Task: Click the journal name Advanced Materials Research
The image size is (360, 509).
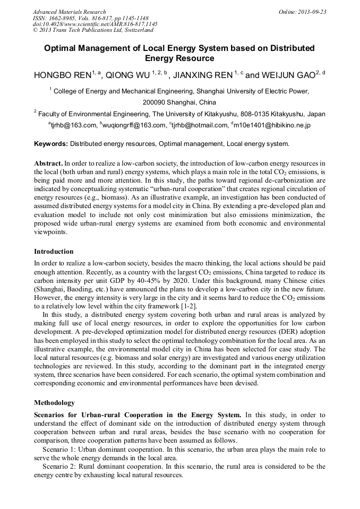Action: pos(69,12)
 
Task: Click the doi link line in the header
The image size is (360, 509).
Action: pos(95,24)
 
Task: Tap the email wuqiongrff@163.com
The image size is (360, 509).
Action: pos(134,125)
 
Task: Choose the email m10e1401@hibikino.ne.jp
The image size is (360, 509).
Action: pos(272,125)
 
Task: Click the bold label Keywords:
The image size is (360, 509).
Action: pos(51,144)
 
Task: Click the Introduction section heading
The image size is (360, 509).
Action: pos(54,252)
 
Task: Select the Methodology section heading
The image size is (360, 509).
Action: pos(54,403)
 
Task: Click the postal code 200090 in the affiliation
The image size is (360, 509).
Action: pos(157,102)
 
